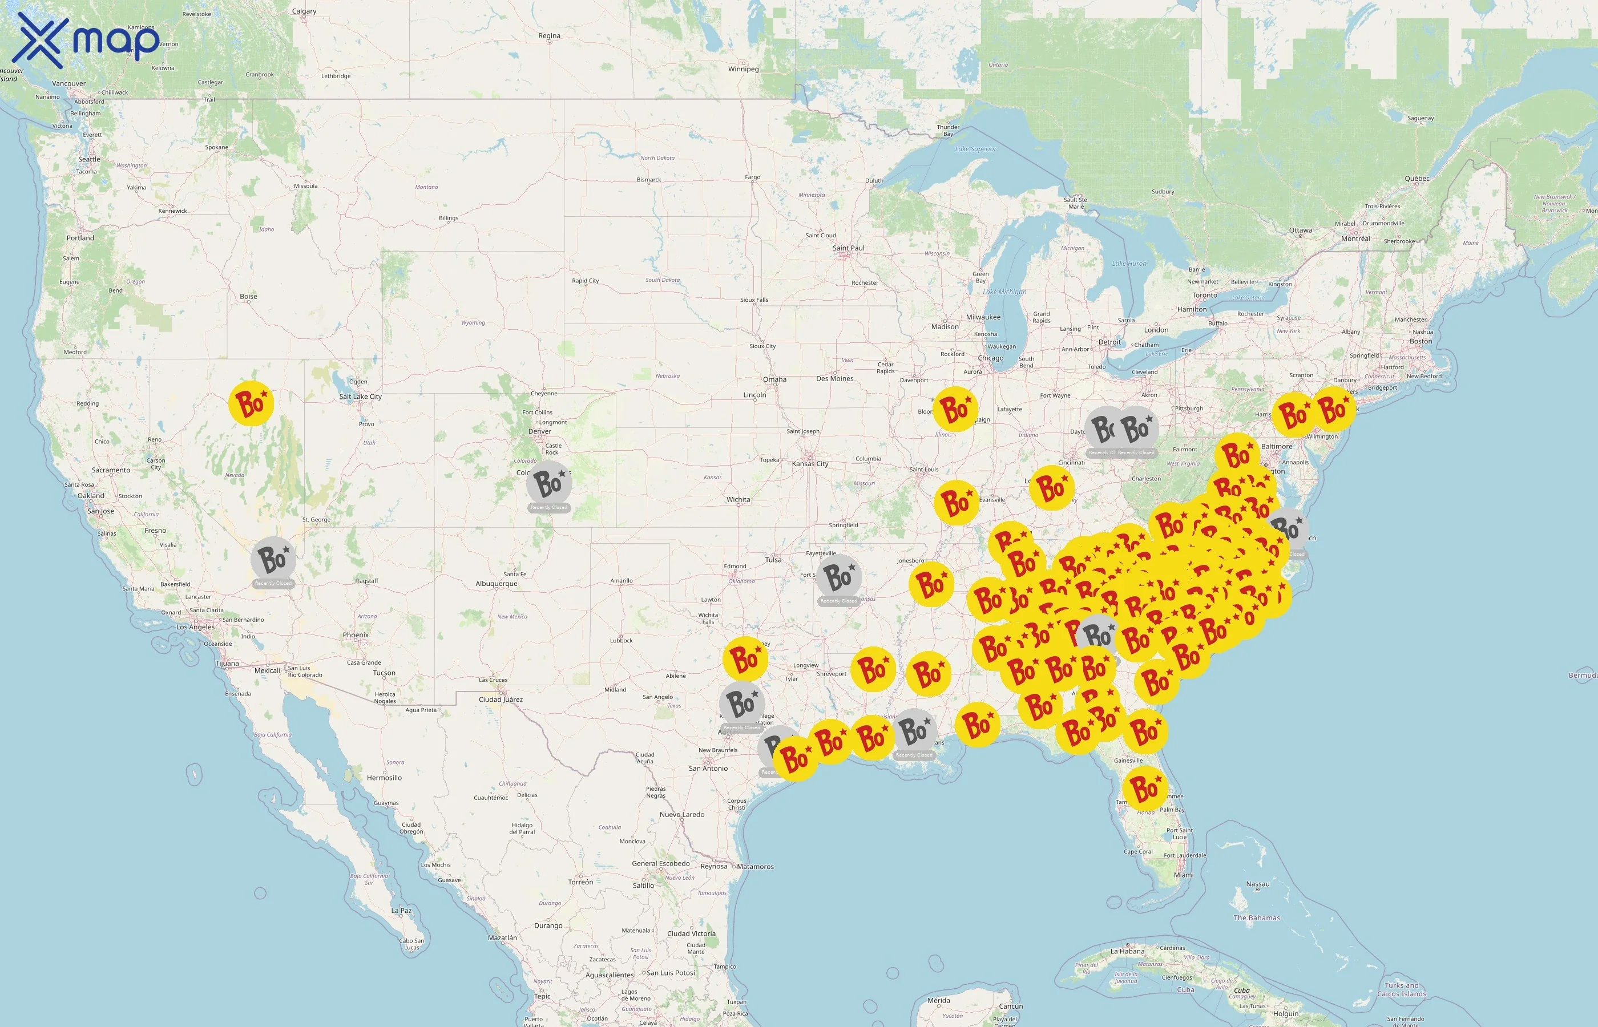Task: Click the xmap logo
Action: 87,40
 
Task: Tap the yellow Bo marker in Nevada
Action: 251,403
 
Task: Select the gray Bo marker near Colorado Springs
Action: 549,483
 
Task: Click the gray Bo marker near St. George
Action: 273,559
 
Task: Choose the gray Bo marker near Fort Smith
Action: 838,576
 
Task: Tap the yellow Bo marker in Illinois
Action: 955,408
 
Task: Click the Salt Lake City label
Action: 360,396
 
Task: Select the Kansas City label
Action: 810,463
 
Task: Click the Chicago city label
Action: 990,358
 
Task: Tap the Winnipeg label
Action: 743,68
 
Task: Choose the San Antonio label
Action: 708,768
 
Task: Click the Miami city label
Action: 1184,875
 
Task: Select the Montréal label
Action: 1355,238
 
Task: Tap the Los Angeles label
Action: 195,627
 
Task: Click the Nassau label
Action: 1258,884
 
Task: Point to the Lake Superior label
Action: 975,149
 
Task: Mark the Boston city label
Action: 1421,341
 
